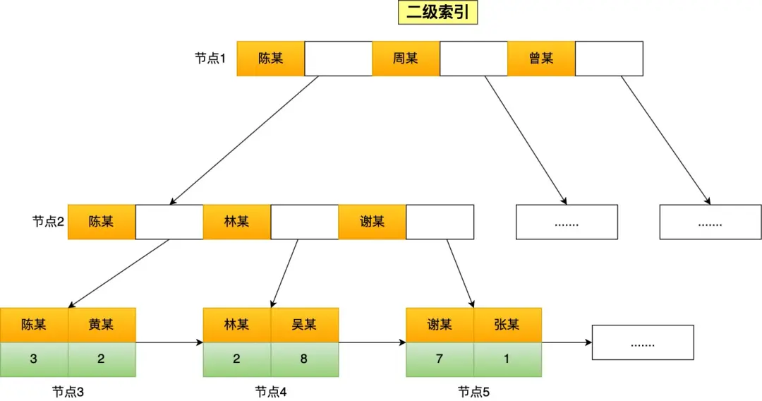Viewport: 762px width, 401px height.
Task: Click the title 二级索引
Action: [438, 13]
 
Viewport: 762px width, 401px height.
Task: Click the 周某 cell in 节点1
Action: [406, 59]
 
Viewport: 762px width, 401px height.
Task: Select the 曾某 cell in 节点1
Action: [541, 59]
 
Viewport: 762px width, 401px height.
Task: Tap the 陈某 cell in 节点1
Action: [270, 59]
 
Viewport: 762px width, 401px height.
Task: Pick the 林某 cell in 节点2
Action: [236, 222]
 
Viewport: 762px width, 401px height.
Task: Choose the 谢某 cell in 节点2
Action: [372, 222]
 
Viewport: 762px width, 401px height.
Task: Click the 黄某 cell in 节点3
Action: [101, 325]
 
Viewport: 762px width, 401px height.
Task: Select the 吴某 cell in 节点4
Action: [304, 325]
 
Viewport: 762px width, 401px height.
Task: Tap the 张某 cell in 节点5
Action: [507, 325]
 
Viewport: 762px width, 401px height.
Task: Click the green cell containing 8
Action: [304, 359]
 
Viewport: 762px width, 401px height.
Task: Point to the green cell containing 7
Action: [440, 359]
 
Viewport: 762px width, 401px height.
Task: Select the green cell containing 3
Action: [34, 359]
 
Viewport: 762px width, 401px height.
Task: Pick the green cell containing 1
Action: [507, 359]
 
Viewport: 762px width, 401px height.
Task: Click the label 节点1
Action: [210, 59]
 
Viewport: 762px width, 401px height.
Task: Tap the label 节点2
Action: [48, 222]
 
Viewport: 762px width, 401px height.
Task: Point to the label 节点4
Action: [271, 392]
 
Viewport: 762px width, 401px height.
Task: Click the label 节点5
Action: [473, 392]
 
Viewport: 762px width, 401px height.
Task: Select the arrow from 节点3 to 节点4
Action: [169, 342]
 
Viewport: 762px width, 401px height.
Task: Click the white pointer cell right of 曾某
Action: [609, 59]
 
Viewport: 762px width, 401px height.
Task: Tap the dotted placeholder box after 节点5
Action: [642, 342]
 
